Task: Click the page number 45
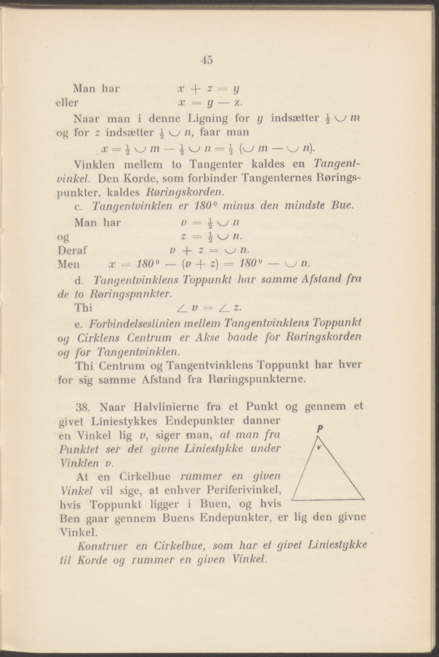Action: tap(207, 60)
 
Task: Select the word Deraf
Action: tap(72, 250)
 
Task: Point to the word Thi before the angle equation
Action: tap(84, 308)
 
